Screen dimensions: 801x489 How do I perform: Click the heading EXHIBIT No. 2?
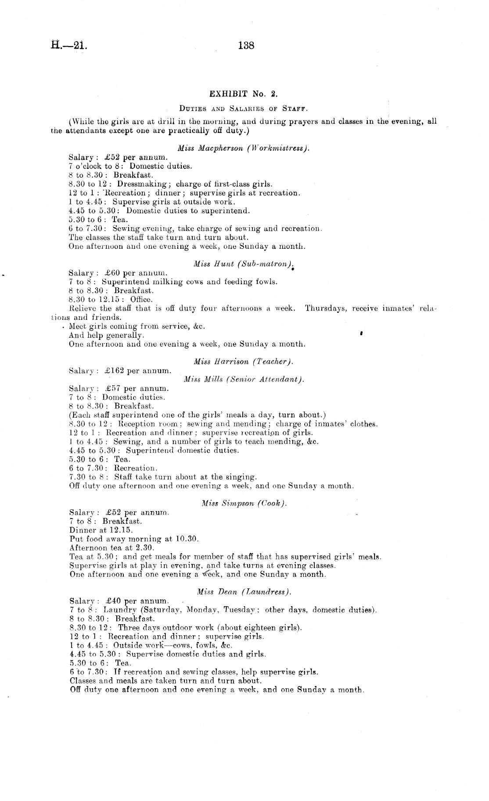244,94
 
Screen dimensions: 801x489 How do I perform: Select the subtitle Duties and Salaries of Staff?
244,107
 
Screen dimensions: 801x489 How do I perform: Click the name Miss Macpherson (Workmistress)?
244,148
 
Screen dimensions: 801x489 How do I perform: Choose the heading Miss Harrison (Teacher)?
243,361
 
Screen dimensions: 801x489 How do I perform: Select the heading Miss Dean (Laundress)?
244,592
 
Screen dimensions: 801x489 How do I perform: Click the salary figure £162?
115,371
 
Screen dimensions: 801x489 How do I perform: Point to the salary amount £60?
113,273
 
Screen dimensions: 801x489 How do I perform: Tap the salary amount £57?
113,389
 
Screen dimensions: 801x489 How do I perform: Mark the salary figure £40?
113,601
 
